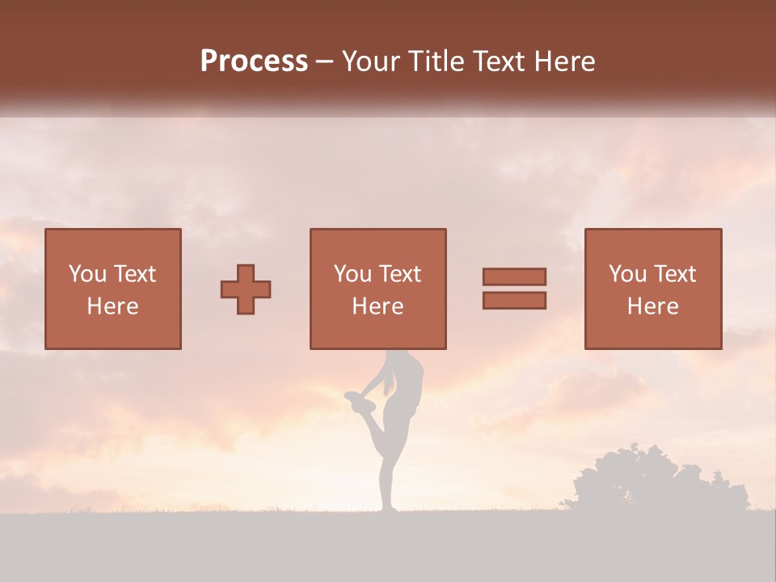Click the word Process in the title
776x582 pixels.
point(254,61)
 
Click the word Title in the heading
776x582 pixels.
point(436,61)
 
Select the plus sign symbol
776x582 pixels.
point(246,289)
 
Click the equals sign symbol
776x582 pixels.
point(514,289)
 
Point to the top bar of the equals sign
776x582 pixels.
point(514,277)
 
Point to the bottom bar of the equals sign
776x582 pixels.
point(514,300)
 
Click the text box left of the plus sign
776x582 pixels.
point(113,289)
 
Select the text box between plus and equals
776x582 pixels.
point(377,289)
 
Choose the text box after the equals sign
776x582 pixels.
point(653,289)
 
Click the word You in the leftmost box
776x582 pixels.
point(86,274)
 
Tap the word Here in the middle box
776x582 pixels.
point(377,306)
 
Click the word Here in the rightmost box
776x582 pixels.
point(653,306)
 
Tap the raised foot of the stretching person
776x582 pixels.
point(353,398)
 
